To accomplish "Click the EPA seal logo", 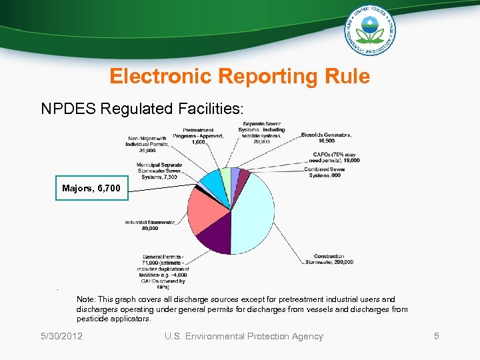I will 370,30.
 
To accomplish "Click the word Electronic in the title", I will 159,77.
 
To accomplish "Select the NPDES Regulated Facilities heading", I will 142,109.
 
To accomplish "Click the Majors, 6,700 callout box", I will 91,189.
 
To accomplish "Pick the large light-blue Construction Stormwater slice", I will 253,213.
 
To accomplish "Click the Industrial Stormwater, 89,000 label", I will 150,225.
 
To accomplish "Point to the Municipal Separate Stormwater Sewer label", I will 159,171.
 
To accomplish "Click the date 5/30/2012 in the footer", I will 61,337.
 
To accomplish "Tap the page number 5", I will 437,337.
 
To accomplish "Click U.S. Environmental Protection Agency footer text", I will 243,337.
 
